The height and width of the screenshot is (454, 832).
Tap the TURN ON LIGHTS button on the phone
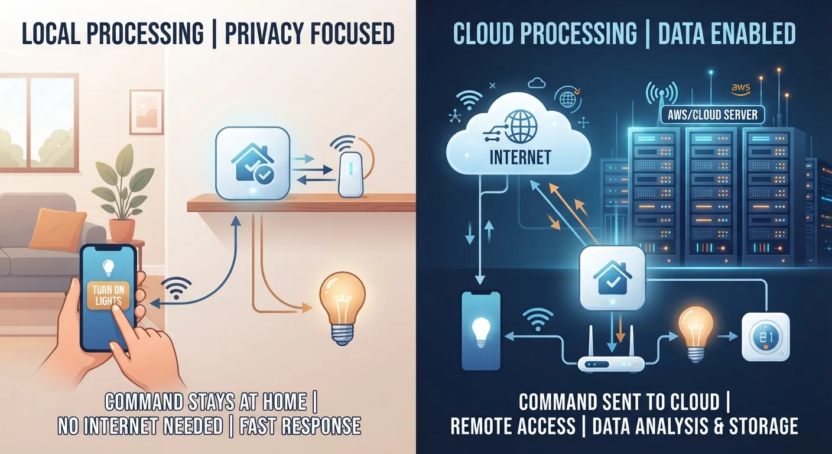[108, 296]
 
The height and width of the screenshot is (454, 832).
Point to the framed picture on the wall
[147, 112]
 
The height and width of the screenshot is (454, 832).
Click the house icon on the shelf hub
[252, 164]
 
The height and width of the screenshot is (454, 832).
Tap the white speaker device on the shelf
[350, 174]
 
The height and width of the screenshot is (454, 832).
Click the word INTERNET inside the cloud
[520, 157]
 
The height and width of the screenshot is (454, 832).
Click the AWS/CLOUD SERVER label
[713, 115]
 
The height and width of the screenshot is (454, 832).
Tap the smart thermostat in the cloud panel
[766, 337]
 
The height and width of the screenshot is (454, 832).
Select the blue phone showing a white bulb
[480, 330]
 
